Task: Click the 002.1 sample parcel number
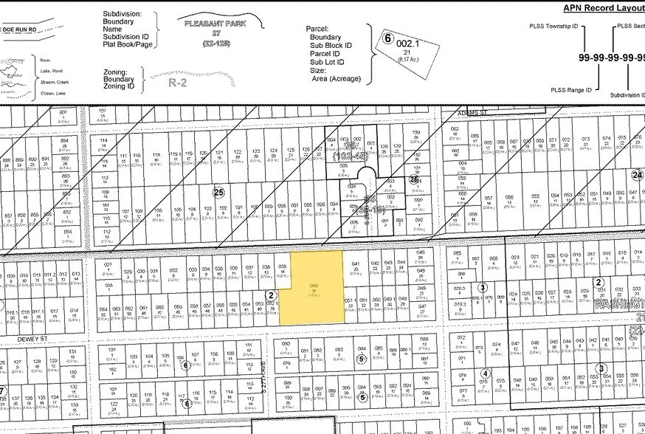[x=407, y=44]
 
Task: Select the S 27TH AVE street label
[x=263, y=363]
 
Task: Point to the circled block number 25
[x=218, y=193]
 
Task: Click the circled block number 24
[x=637, y=175]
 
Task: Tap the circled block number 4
[x=486, y=373]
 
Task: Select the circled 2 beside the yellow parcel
[x=271, y=295]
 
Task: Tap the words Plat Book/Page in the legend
[x=127, y=45]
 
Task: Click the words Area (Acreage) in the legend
[x=335, y=77]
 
